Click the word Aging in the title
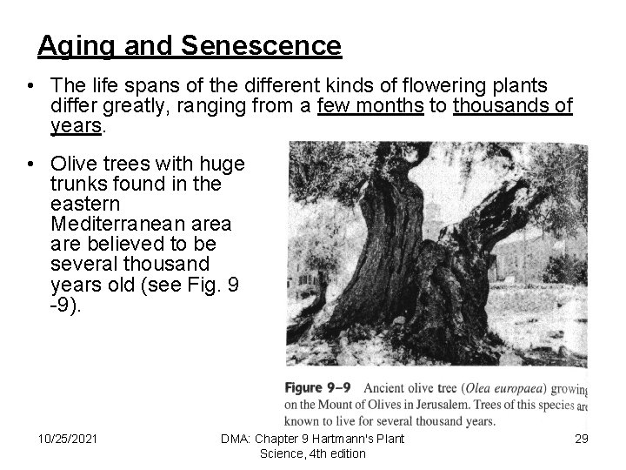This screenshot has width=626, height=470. coord(71,45)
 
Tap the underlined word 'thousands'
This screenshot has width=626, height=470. coord(491,106)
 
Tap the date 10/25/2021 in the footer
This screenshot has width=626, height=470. coord(68,438)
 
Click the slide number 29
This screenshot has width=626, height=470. coord(581,438)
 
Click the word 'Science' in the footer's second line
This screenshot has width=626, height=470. coord(282,453)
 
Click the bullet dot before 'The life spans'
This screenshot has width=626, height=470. coord(30,85)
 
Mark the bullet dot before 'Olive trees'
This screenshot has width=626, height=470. coord(30,163)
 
